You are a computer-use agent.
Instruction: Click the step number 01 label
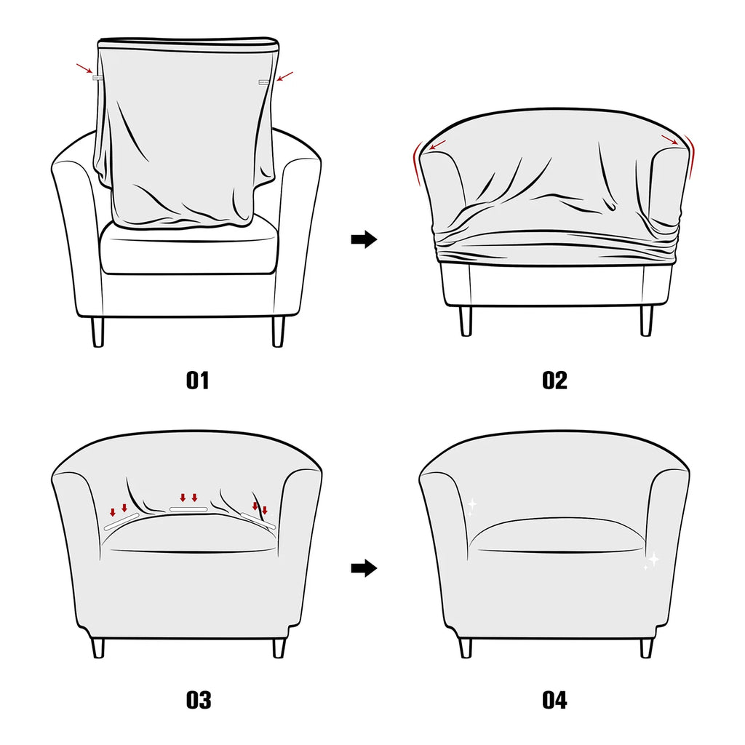pyautogui.click(x=198, y=381)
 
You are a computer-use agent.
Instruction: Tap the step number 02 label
pyautogui.click(x=554, y=381)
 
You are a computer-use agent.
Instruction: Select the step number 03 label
pyautogui.click(x=198, y=701)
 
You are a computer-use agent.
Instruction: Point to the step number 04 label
pyautogui.click(x=554, y=701)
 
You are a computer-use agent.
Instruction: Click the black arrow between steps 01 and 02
pyautogui.click(x=364, y=239)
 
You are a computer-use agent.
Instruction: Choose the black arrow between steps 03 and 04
pyautogui.click(x=364, y=567)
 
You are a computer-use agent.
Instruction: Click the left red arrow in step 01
pyautogui.click(x=84, y=68)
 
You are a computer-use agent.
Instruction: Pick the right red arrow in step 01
pyautogui.click(x=285, y=76)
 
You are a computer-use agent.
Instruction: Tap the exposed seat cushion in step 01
pyautogui.click(x=189, y=251)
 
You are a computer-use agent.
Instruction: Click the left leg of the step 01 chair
pyautogui.click(x=97, y=332)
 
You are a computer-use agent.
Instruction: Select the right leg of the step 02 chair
pyautogui.click(x=646, y=321)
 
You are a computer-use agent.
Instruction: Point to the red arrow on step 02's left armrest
pyautogui.click(x=438, y=146)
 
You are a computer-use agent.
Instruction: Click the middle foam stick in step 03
pyautogui.click(x=188, y=509)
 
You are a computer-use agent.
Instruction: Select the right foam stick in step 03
pyautogui.click(x=258, y=519)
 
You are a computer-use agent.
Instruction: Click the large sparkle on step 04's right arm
pyautogui.click(x=653, y=559)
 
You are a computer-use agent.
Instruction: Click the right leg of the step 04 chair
pyautogui.click(x=646, y=648)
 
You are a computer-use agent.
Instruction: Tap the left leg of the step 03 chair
pyautogui.click(x=98, y=648)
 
